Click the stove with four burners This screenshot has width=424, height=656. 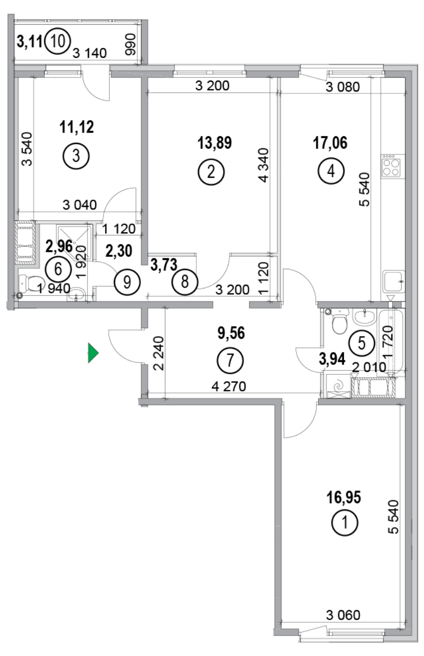pyautogui.click(x=391, y=166)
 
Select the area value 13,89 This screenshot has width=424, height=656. pyautogui.click(x=214, y=142)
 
